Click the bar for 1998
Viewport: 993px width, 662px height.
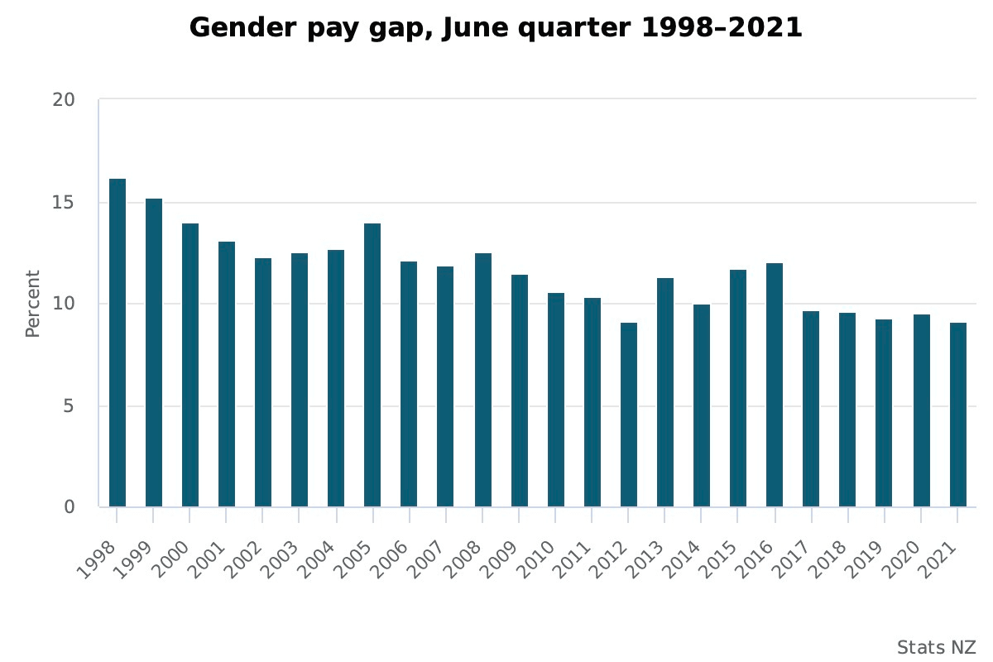[118, 343]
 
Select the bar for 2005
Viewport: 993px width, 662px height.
[372, 365]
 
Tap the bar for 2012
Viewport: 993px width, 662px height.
[628, 415]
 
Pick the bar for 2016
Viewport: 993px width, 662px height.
[775, 385]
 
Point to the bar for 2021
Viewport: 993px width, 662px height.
[957, 415]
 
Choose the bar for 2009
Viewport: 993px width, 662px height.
[519, 391]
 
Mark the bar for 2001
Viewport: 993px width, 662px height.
[227, 374]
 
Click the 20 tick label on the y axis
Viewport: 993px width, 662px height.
[64, 100]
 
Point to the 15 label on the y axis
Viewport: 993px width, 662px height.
[64, 203]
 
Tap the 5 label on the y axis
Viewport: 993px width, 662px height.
[70, 406]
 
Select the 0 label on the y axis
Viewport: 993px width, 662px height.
[70, 507]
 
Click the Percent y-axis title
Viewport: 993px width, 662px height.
[32, 304]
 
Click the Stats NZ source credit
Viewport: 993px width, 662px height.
[935, 647]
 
